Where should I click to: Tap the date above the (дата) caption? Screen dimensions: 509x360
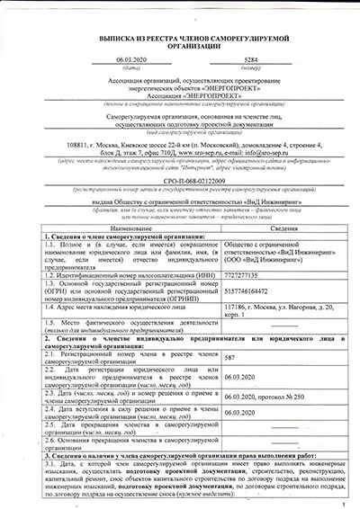point(118,58)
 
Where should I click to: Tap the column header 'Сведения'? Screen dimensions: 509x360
point(283,229)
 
